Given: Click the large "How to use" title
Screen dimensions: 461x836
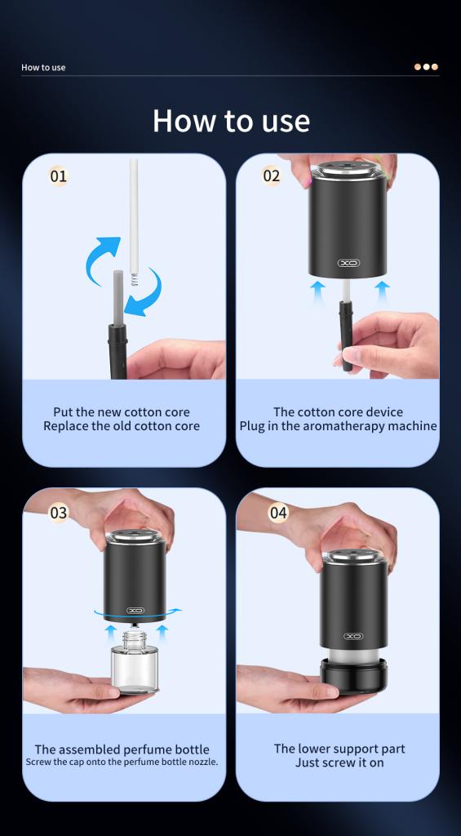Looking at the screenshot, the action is point(231,121).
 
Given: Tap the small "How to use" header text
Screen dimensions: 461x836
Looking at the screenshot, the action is point(44,67).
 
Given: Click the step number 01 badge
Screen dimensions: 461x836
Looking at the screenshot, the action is point(58,176).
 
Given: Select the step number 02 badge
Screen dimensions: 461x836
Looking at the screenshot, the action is point(271,176).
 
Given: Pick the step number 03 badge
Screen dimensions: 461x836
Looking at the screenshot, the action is point(59,513).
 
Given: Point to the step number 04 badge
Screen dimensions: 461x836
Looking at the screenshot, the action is point(278,513).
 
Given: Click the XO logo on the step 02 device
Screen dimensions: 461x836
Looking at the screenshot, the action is point(348,262).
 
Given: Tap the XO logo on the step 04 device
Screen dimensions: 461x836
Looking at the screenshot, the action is point(352,636).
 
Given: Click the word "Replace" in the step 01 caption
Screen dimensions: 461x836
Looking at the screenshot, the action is point(64,426).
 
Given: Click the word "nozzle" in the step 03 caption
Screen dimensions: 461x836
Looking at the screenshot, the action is point(204,763).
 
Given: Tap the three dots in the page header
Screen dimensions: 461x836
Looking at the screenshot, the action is point(427,67).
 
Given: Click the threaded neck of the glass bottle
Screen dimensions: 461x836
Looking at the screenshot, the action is point(135,638).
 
